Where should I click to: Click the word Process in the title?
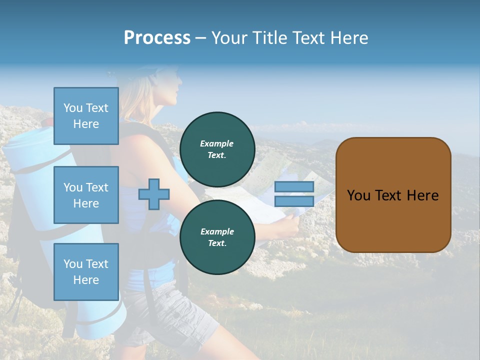157,38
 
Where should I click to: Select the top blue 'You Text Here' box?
86,116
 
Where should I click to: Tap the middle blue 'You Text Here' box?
86,195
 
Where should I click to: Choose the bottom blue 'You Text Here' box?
86,271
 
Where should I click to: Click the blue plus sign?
154,194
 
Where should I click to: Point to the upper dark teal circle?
217,149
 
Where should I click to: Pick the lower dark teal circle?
217,237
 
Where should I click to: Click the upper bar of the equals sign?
294,186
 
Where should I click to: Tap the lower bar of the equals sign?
294,201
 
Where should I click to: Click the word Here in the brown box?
422,195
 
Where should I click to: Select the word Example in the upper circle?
217,143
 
